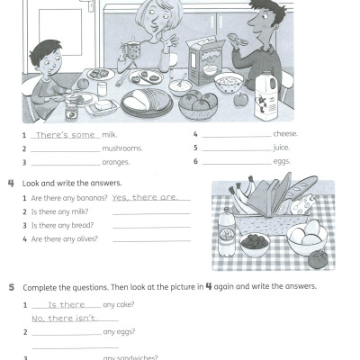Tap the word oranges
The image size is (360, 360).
(x=115, y=163)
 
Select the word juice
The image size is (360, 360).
(x=282, y=148)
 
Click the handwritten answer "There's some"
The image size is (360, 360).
(x=64, y=134)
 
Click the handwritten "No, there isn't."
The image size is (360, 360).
(x=64, y=319)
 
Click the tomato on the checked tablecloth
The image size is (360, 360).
(x=319, y=259)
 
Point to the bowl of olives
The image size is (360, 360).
(x=256, y=243)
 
